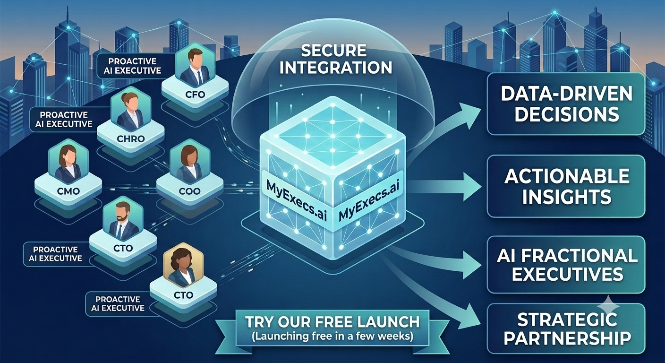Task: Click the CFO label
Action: (195, 95)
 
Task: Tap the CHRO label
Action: (131, 138)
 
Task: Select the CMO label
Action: (68, 191)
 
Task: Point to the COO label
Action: (190, 191)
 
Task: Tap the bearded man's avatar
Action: (123, 221)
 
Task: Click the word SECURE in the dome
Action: (334, 51)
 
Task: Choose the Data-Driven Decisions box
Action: (566, 104)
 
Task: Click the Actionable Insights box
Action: (566, 186)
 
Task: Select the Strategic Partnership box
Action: (566, 328)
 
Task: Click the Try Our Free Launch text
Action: (332, 322)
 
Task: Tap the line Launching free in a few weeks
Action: (332, 337)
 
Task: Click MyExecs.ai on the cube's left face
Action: (297, 201)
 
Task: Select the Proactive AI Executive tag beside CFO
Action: (132, 66)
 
